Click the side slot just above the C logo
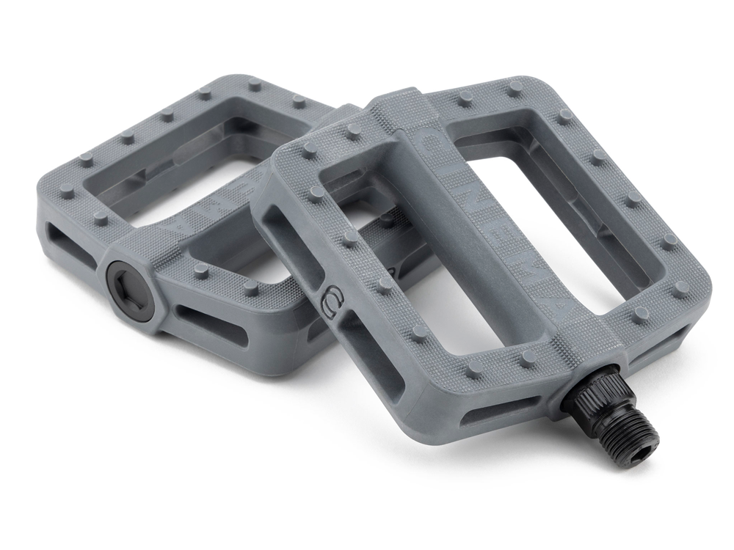tap(290, 242)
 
